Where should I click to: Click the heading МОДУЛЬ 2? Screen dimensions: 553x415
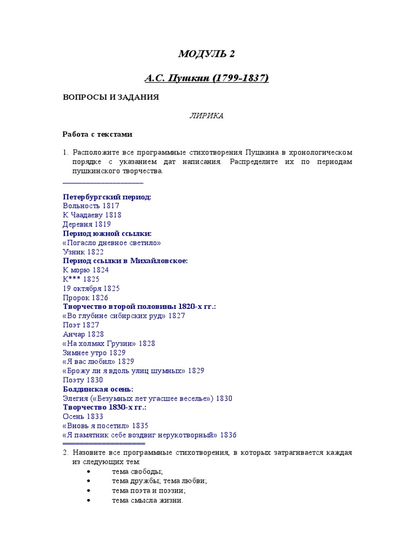(207, 54)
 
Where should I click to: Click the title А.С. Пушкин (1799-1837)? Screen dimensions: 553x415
(206, 78)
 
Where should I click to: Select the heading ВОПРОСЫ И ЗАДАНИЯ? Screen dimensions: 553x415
(111, 97)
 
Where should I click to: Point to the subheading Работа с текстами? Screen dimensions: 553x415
(97, 134)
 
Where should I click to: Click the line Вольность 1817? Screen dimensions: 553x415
(91, 206)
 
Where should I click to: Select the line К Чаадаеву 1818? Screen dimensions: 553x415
(92, 215)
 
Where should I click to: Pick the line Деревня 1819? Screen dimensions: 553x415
(87, 224)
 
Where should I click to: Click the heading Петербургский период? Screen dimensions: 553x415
(107, 197)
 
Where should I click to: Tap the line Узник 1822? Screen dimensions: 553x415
(83, 252)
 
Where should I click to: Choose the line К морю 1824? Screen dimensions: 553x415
(85, 270)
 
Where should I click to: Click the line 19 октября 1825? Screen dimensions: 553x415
(91, 288)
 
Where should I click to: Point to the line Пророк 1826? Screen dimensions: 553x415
(85, 298)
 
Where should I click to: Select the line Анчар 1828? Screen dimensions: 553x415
(83, 334)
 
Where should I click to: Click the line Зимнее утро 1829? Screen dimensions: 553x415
(94, 353)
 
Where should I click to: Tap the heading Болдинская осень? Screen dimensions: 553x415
(98, 389)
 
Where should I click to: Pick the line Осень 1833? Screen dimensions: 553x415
(83, 417)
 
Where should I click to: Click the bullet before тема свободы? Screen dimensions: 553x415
(89, 472)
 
